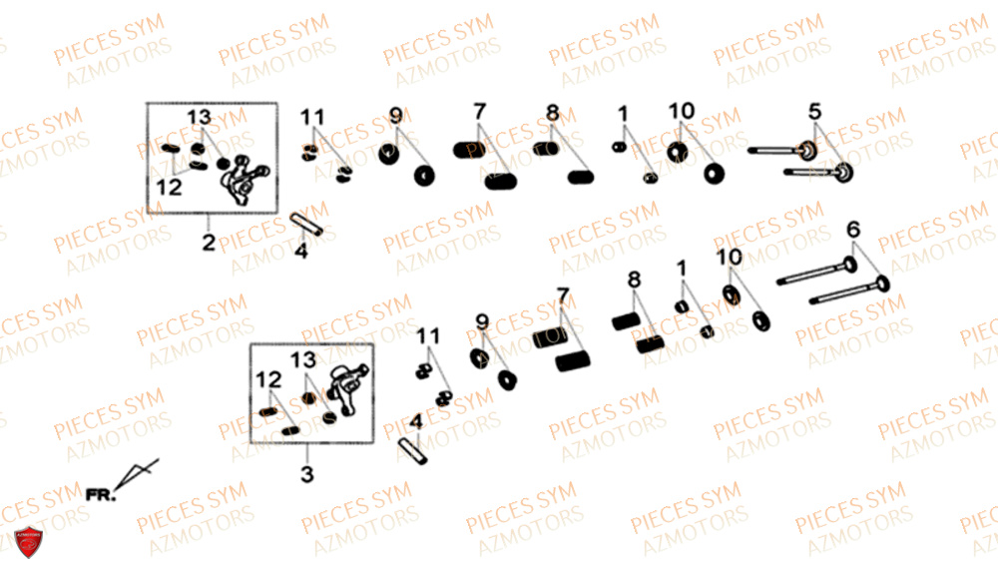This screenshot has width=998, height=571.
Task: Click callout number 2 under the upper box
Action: coord(209,242)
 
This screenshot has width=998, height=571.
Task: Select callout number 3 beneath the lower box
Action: coord(306,473)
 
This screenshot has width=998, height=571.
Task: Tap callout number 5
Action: coord(814,111)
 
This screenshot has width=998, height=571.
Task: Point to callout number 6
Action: coord(853,229)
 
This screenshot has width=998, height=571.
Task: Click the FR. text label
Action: coord(101,494)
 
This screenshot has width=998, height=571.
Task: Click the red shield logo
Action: coord(28,542)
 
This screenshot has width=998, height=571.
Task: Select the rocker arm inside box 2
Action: coord(244,180)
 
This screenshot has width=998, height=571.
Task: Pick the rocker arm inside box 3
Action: coord(348,389)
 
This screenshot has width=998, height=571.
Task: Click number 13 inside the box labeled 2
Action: coord(199,117)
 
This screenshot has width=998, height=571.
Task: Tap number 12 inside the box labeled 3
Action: coord(267,380)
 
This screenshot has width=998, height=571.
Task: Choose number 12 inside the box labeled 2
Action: coord(169,187)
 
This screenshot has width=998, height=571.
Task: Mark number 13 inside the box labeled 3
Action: coord(303,360)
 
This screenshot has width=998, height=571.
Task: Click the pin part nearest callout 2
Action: coord(306,224)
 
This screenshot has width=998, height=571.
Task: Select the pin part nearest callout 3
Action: coord(413,450)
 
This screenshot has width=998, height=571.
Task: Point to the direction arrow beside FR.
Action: coord(137,473)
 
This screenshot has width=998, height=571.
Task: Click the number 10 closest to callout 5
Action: coord(681,111)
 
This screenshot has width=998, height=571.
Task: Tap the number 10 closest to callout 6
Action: coord(730,257)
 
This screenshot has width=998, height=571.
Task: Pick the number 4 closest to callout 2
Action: coord(301,251)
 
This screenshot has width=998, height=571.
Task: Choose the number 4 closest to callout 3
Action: coord(416,421)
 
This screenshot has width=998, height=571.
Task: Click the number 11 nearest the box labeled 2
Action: coord(311,117)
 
